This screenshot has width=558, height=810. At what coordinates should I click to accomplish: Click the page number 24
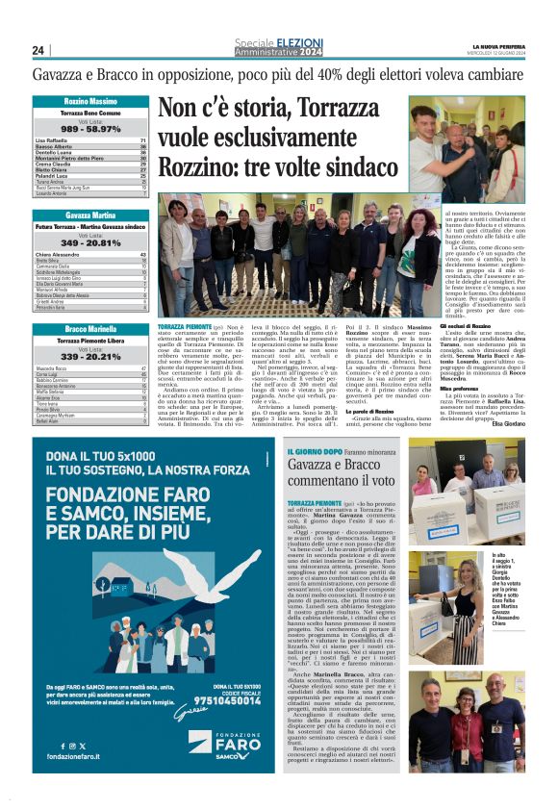[38, 50]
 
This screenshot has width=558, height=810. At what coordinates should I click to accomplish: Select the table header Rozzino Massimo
[91, 101]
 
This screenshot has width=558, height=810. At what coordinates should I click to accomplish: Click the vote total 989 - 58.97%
[91, 128]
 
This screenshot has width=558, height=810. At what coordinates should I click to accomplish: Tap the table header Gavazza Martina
[91, 214]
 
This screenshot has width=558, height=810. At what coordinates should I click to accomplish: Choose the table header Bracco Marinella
[91, 329]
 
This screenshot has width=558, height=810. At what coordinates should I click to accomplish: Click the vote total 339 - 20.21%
[91, 355]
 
